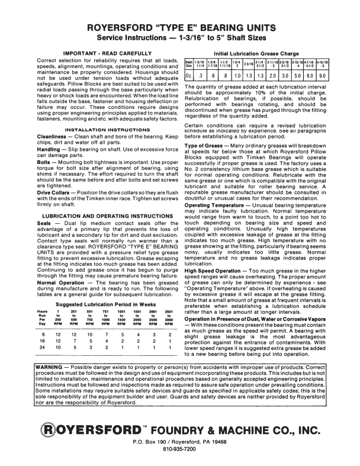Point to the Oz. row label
click(189, 76)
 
